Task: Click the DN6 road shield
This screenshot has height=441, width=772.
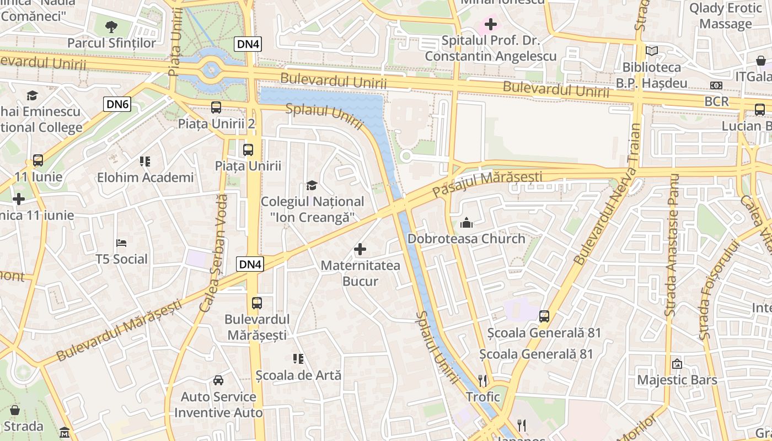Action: [x=117, y=104]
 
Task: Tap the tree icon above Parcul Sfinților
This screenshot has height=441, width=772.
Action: [x=111, y=26]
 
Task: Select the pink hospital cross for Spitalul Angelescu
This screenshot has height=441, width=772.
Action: [x=490, y=24]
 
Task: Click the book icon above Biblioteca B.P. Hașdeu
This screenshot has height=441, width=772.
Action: [x=652, y=51]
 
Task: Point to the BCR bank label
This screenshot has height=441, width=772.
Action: [x=716, y=101]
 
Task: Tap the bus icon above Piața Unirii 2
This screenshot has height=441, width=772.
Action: [x=216, y=107]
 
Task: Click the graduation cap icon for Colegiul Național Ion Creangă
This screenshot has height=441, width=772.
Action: [x=312, y=185]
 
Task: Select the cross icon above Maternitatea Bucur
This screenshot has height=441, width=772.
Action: [x=360, y=249]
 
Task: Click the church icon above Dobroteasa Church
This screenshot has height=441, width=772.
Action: [x=467, y=223]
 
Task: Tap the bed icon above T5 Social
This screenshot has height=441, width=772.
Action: [x=122, y=243]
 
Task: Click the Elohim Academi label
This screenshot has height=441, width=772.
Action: [x=145, y=178]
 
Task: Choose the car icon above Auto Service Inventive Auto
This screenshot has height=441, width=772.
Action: [x=218, y=380]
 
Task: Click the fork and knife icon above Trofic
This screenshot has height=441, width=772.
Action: [x=482, y=380]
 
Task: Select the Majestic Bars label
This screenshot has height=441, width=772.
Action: [x=677, y=380]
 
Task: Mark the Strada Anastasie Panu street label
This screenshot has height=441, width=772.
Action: [x=673, y=245]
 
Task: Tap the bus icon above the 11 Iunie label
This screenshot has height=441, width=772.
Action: [x=38, y=160]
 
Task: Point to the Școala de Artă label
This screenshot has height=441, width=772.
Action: [x=298, y=375]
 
